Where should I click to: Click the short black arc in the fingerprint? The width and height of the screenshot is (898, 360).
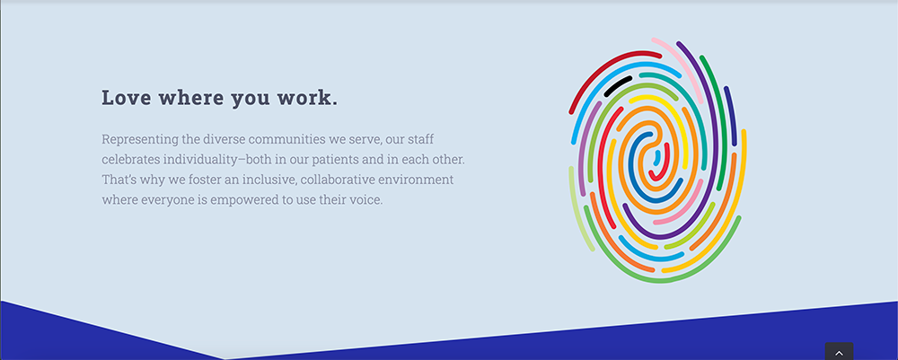click(617, 86)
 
